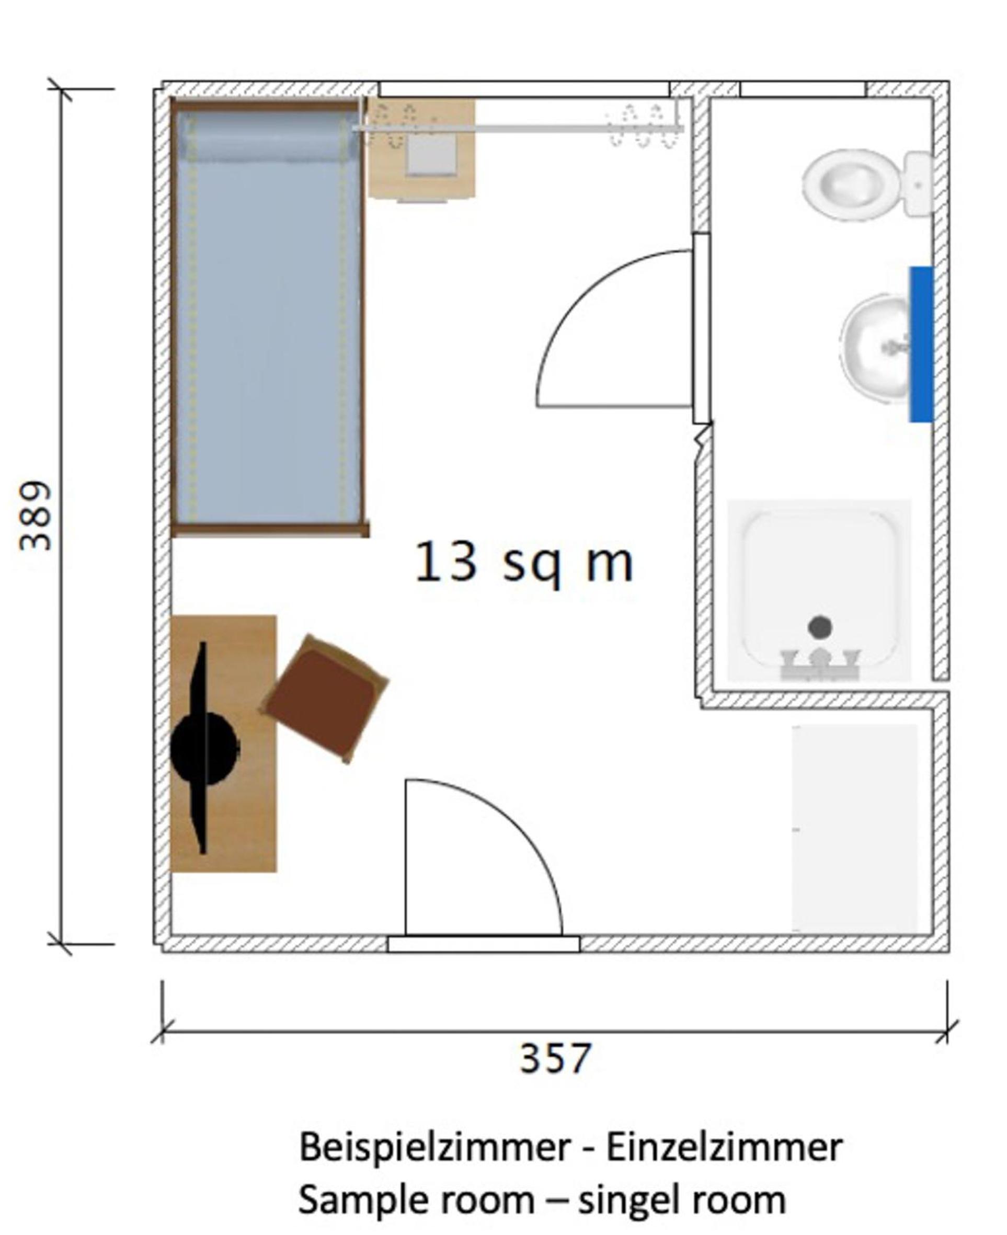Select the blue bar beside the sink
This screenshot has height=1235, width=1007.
pos(922,344)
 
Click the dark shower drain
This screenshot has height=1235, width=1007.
pos(820,626)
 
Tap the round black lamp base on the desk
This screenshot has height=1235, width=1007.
pos(204,748)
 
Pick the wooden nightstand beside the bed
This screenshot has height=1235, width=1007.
pos(422,149)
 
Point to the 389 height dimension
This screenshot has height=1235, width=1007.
pos(36,515)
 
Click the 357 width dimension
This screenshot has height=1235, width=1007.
pos(555,1058)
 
